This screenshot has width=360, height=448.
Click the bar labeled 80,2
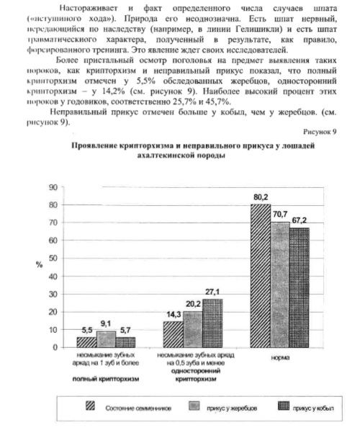coord(260,276)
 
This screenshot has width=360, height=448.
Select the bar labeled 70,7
coord(279,285)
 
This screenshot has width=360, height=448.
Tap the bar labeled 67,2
coord(298,287)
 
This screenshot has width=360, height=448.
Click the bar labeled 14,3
coord(174,334)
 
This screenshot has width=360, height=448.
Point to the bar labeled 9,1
coord(106,339)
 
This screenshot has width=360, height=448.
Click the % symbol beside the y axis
coord(40,264)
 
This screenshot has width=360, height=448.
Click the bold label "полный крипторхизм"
coord(107,377)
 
